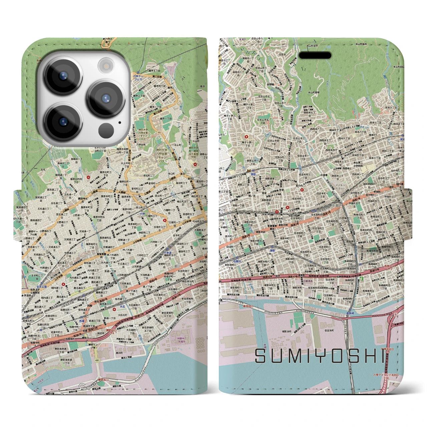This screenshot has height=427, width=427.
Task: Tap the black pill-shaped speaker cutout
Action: pos(315,55)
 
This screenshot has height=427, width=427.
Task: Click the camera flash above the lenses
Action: pos(106,64)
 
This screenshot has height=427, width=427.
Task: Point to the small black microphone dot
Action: pos(120,122)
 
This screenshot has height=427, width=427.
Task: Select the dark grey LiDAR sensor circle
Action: pos(106,129)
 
